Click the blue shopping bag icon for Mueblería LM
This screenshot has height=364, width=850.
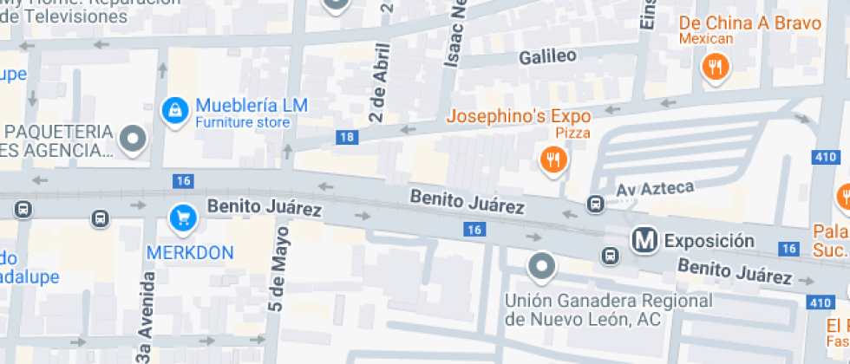175,109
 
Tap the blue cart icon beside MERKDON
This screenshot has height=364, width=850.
182,217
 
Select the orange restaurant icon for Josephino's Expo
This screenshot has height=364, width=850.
553,159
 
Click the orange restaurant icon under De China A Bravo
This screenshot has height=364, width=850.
715,66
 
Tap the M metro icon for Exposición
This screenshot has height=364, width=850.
643,240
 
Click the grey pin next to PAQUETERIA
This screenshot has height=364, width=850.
133,138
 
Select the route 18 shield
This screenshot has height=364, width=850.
347,137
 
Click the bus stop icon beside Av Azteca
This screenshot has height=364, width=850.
596,205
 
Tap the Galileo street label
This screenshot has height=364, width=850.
547,57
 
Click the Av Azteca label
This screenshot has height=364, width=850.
655,188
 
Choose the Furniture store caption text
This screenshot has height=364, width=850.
242,123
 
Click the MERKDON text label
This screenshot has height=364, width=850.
190,252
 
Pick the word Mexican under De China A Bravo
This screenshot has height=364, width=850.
706,38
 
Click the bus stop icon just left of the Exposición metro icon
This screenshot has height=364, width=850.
610,256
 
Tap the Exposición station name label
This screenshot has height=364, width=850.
709,240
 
